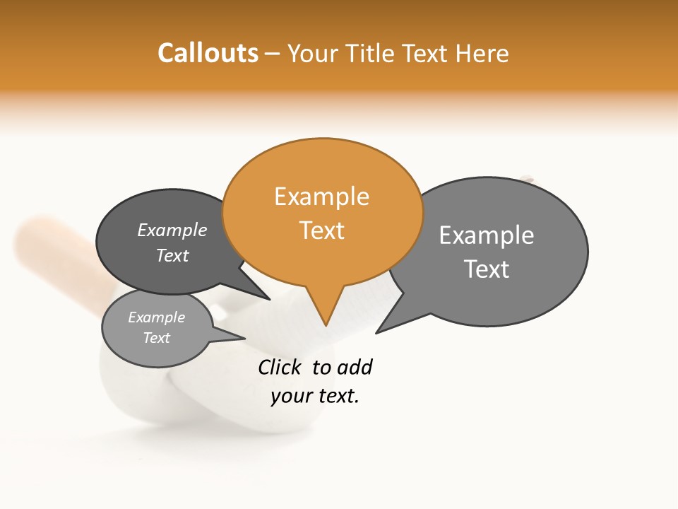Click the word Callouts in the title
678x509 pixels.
[x=208, y=53]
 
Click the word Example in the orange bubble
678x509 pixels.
[x=321, y=197]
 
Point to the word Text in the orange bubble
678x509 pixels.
[x=321, y=230]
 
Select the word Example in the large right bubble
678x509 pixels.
[x=486, y=235]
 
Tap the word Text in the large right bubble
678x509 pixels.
[x=486, y=269]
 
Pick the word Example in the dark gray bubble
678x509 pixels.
[x=172, y=230]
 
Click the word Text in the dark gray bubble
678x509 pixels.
[x=172, y=255]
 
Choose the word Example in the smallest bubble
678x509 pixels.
[x=156, y=317]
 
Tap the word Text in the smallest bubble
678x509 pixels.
[x=156, y=338]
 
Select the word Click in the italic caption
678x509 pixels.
[x=279, y=367]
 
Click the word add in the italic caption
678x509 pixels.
[x=354, y=367]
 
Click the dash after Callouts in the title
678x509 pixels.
[x=273, y=54]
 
